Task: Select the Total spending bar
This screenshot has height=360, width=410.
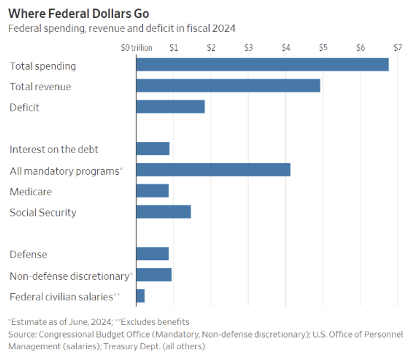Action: click(x=262, y=65)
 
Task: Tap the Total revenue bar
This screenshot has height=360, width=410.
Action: click(x=228, y=86)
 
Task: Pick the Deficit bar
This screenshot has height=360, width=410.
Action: click(x=170, y=107)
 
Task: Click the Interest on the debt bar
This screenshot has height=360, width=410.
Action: click(x=153, y=149)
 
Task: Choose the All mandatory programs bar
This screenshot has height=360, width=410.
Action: click(x=213, y=170)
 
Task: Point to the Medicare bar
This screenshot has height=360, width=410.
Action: click(x=152, y=191)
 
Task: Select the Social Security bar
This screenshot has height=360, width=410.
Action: click(x=163, y=212)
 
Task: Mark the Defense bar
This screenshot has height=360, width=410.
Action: click(x=152, y=254)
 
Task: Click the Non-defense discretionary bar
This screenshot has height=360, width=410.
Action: click(x=154, y=275)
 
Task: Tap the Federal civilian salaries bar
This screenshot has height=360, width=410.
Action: click(x=140, y=296)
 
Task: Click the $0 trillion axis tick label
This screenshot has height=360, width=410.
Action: click(x=136, y=48)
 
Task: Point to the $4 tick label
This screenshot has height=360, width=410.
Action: click(x=286, y=48)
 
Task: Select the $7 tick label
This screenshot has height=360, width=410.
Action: click(x=397, y=48)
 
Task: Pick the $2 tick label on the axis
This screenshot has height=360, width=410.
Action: click(x=211, y=48)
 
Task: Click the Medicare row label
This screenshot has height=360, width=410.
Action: click(x=30, y=191)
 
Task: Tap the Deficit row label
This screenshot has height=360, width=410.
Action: click(x=25, y=107)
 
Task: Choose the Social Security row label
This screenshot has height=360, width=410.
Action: click(x=43, y=212)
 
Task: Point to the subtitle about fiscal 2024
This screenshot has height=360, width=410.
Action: click(x=122, y=28)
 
